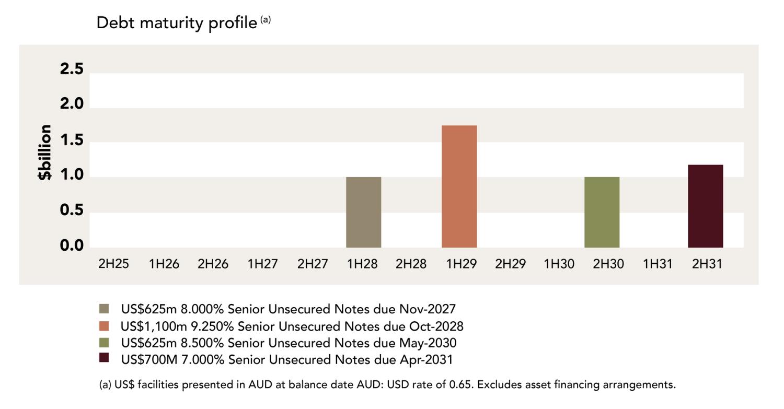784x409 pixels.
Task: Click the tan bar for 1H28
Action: click(363, 212)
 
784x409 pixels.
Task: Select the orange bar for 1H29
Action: click(459, 186)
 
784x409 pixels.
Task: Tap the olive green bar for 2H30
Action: click(602, 212)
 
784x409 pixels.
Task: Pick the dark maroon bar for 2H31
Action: click(705, 206)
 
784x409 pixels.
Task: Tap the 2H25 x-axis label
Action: click(113, 264)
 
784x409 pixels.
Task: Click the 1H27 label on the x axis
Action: click(262, 264)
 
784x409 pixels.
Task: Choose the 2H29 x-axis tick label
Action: click(510, 264)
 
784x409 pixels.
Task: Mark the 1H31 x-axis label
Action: click(658, 264)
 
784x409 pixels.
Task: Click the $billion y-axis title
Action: click(45, 153)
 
